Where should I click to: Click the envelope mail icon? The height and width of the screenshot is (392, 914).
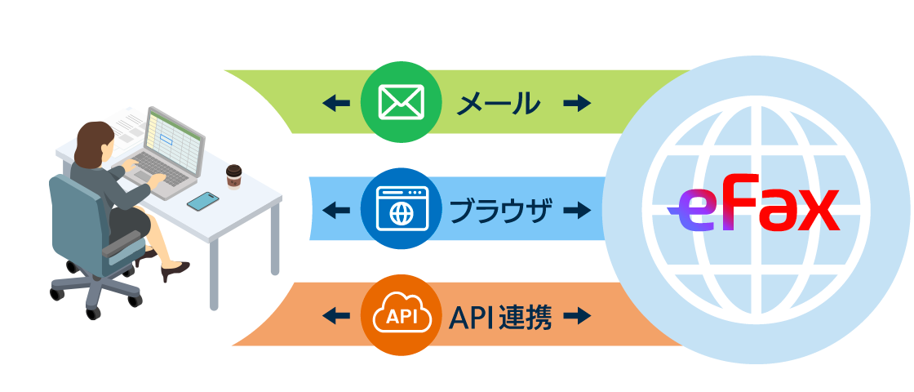pyautogui.click(x=401, y=102)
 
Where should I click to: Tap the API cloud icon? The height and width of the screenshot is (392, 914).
pyautogui.click(x=401, y=316)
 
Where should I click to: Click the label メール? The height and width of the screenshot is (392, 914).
pyautogui.click(x=499, y=103)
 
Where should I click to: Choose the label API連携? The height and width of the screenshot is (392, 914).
pyautogui.click(x=500, y=317)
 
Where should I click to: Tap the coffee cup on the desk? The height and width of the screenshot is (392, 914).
pyautogui.click(x=234, y=176)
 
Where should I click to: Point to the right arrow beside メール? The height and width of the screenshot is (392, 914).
pyautogui.click(x=578, y=103)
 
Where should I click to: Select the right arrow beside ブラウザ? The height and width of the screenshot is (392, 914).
pyautogui.click(x=578, y=210)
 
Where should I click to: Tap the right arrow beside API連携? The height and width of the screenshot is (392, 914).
pyautogui.click(x=578, y=316)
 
